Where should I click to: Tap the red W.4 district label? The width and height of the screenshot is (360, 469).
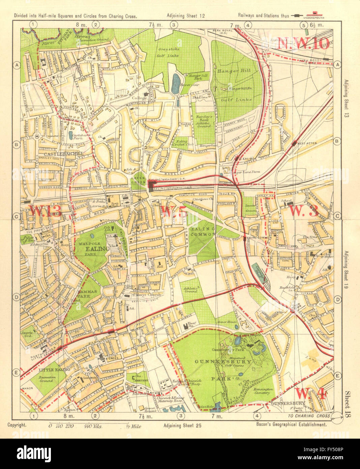[x=311, y=393]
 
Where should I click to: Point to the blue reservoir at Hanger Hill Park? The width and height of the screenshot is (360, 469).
[x=175, y=84]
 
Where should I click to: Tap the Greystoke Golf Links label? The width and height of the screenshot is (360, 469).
[x=169, y=52]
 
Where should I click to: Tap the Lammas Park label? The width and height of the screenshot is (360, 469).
[x=80, y=294]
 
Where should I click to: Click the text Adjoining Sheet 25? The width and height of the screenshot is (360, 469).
[x=182, y=425]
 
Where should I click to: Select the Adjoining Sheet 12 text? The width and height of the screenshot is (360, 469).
[x=186, y=16]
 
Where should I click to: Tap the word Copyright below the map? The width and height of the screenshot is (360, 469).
[x=17, y=425]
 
